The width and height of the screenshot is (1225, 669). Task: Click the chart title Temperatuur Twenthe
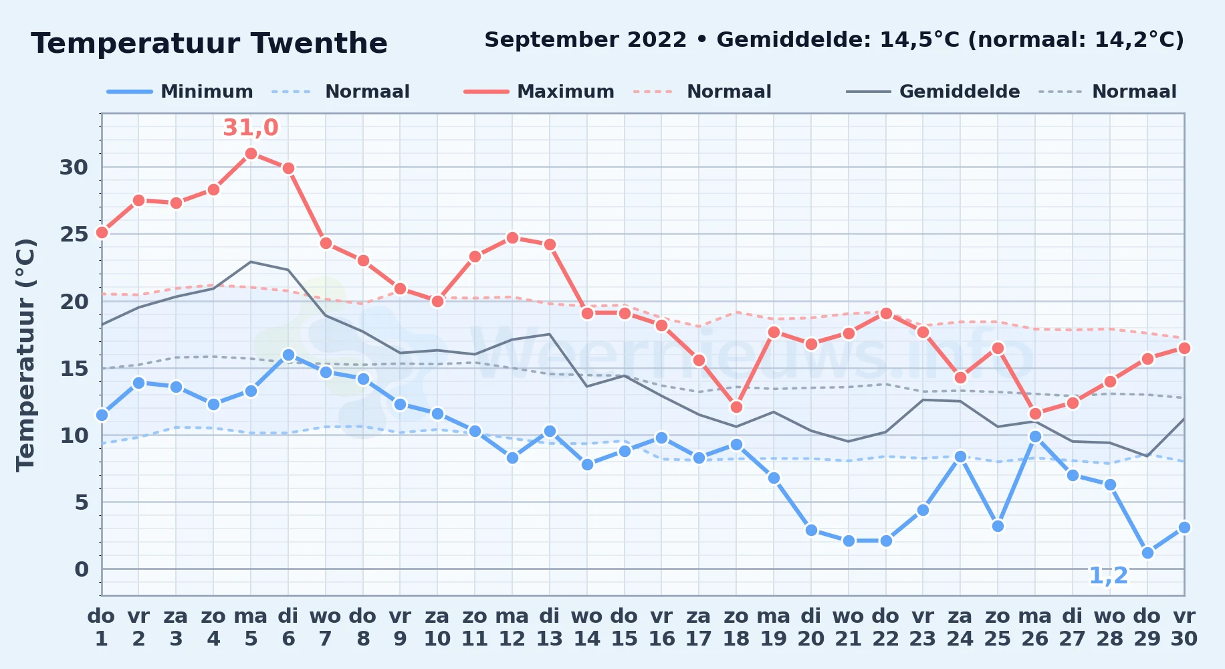click(x=209, y=43)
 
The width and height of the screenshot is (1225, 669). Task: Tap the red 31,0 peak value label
click(x=251, y=127)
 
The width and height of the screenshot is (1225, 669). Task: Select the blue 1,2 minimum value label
click(x=1109, y=575)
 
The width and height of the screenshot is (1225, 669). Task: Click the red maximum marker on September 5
click(x=251, y=153)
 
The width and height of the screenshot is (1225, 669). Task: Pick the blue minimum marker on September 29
click(x=1147, y=553)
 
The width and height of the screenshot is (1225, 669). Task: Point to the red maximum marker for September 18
click(x=736, y=407)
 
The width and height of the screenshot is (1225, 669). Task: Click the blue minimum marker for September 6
click(x=288, y=355)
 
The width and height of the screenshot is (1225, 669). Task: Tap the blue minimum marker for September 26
click(x=1035, y=436)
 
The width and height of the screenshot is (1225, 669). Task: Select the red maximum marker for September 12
click(x=512, y=237)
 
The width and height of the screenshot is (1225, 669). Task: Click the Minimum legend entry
click(x=181, y=92)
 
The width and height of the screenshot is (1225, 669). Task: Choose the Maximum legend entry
click(x=539, y=92)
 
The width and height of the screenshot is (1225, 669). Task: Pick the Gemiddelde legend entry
click(x=933, y=92)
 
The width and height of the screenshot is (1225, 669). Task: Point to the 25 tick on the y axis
click(x=74, y=234)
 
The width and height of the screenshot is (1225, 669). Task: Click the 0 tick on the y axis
click(x=82, y=569)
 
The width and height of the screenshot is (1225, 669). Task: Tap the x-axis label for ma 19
click(x=774, y=628)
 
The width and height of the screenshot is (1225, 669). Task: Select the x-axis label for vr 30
click(x=1184, y=628)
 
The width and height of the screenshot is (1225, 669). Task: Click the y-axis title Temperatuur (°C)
click(x=25, y=355)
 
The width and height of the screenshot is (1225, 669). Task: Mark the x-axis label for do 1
click(x=102, y=628)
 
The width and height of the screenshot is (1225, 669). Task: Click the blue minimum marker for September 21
click(x=849, y=541)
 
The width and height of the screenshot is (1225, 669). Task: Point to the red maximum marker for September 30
click(x=1184, y=348)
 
